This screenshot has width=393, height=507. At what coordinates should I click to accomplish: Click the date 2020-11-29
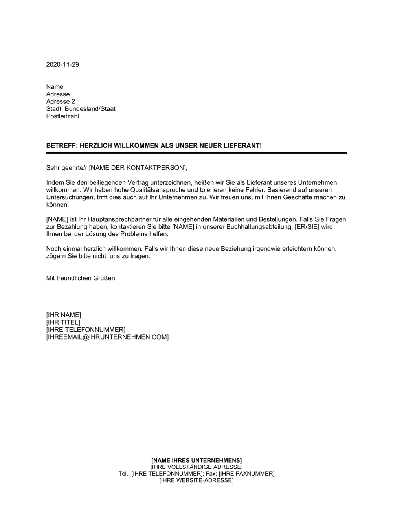62,64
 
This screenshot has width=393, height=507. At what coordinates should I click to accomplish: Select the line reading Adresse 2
61,101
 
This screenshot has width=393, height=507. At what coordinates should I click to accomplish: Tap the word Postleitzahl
62,116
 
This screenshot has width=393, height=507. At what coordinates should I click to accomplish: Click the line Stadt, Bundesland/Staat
81,109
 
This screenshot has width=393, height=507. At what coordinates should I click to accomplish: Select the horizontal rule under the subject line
196,153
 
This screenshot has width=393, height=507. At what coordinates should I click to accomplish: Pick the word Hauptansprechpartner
101,219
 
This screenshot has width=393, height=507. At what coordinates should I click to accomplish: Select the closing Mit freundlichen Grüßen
81,278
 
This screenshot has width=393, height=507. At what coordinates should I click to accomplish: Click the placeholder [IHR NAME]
64,315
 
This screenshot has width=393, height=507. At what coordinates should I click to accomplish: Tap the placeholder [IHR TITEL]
63,322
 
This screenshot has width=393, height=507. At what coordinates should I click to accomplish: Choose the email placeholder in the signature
107,337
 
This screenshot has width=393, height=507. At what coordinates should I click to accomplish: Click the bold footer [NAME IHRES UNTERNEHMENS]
196,460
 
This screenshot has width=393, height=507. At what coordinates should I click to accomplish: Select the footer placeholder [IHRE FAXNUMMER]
246,474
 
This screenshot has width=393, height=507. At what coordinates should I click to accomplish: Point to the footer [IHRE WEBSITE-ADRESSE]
196,480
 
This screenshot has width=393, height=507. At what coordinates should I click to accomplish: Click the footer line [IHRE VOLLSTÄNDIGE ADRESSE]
196,467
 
